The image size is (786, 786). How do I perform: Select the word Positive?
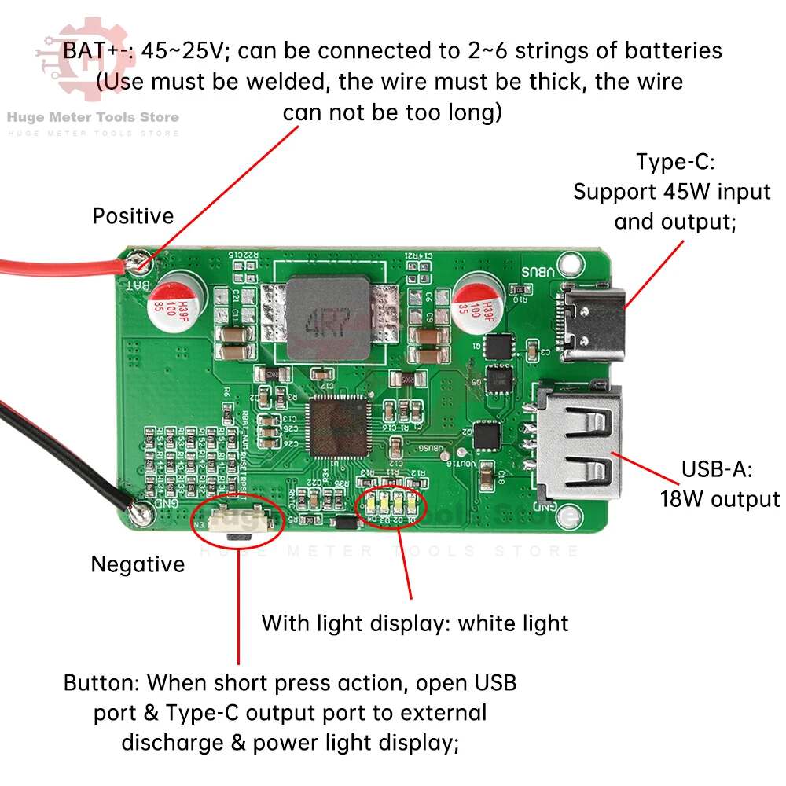133,216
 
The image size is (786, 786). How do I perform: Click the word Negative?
138,564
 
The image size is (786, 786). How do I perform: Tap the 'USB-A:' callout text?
717,470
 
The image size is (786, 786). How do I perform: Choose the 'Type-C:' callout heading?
674,163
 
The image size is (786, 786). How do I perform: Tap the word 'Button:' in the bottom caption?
102,682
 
